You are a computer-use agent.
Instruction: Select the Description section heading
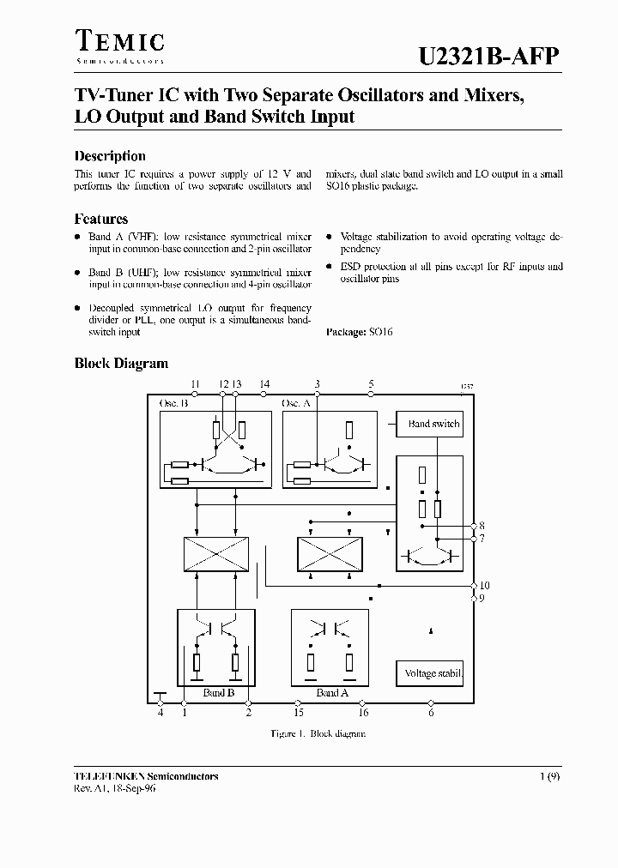(x=110, y=156)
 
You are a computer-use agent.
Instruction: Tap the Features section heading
(x=101, y=219)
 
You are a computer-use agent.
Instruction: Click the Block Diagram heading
(x=121, y=364)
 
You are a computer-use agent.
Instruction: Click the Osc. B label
(x=174, y=403)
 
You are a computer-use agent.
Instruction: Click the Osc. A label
(x=296, y=403)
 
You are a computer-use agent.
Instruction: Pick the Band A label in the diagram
(x=327, y=692)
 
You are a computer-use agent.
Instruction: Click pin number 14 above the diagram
(x=264, y=384)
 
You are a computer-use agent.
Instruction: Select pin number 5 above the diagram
(x=371, y=384)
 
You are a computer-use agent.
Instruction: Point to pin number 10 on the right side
(x=485, y=586)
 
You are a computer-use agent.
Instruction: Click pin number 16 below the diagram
(x=363, y=713)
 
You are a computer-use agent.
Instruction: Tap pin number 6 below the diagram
(x=431, y=713)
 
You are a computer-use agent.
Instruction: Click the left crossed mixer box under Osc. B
(x=216, y=554)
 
